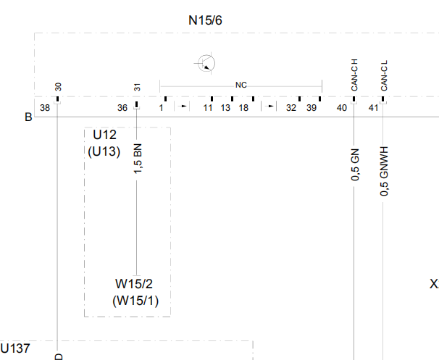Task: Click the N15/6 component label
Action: click(205, 20)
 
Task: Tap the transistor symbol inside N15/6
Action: click(206, 63)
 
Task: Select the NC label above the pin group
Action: click(241, 85)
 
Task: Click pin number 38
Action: click(45, 108)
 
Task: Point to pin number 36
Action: click(122, 108)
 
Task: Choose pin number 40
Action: click(342, 108)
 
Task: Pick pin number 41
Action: click(374, 108)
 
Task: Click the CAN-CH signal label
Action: click(354, 75)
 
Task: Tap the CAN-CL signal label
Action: click(384, 75)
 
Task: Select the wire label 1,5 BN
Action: click(138, 159)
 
